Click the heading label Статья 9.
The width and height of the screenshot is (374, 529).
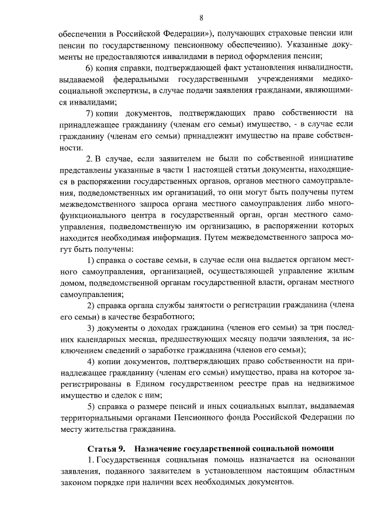[106, 449]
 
